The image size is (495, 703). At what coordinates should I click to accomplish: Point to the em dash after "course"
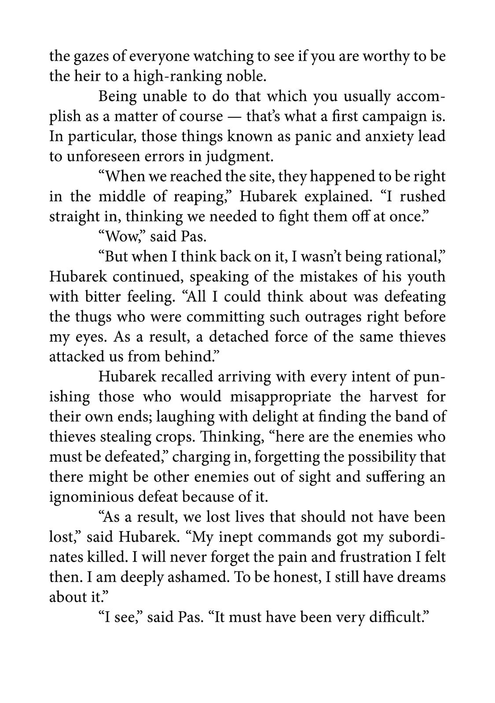[x=235, y=117]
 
